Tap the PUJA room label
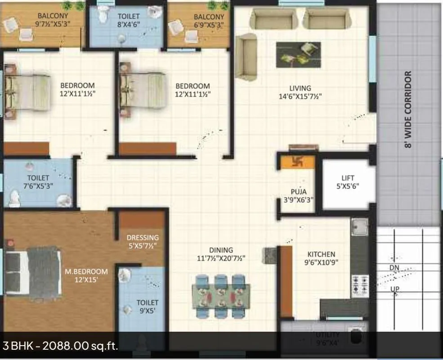click(299, 192)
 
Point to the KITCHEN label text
click(321, 254)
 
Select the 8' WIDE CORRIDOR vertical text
click(408, 110)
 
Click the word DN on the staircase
click(394, 268)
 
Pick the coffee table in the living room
click(298, 55)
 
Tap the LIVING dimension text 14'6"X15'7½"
click(300, 97)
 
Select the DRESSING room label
click(143, 237)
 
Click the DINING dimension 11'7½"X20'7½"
click(221, 258)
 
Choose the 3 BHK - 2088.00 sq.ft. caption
click(60, 346)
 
